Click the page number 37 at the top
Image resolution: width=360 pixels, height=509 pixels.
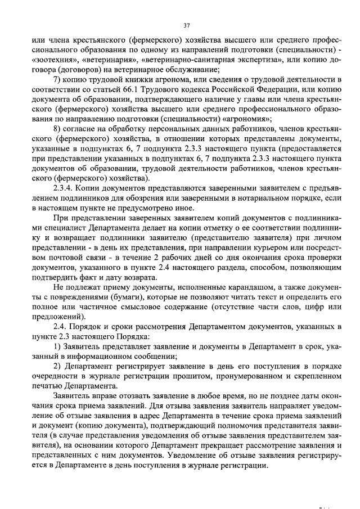click(x=187, y=25)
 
